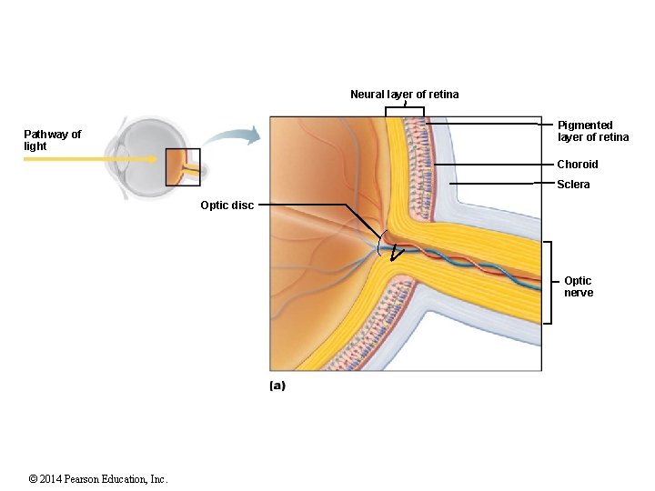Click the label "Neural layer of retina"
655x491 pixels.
[x=404, y=95]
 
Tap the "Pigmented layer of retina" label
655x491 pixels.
[x=592, y=131]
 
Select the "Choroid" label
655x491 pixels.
[x=578, y=165]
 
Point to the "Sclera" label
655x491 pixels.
[x=573, y=185]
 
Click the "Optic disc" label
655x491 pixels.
[x=227, y=205]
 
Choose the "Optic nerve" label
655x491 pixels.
[x=578, y=286]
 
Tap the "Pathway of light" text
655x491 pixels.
[x=52, y=140]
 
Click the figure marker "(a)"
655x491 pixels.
[x=277, y=386]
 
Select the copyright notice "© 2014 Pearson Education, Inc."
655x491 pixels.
[x=98, y=479]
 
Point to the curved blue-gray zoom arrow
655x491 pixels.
[x=232, y=137]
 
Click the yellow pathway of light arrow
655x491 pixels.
[x=82, y=158]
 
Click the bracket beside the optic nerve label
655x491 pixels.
[x=549, y=282]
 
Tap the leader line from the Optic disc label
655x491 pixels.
[x=309, y=205]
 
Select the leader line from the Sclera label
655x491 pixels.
[x=500, y=184]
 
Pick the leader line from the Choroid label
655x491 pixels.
[x=496, y=165]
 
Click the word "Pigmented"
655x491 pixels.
[x=585, y=125]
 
